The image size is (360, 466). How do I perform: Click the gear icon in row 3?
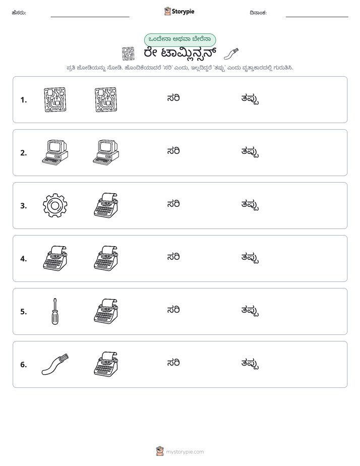click(55, 205)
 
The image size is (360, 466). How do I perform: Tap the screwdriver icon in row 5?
click(55, 312)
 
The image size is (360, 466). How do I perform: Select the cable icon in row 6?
click(55, 364)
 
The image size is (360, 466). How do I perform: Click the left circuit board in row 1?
click(55, 99)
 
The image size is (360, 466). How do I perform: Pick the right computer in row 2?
click(106, 152)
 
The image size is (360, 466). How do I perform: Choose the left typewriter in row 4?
click(55, 258)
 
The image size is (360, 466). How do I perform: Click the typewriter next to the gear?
click(106, 205)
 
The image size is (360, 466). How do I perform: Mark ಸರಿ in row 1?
click(173, 98)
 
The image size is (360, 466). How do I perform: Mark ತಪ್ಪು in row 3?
click(250, 205)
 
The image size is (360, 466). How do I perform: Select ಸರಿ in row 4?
click(173, 257)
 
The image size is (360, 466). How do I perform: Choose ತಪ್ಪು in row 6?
click(250, 364)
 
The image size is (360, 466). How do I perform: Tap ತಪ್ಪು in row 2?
click(250, 152)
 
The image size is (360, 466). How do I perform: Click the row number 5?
click(24, 312)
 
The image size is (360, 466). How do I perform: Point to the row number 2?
click(24, 153)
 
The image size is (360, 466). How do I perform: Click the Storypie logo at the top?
click(179, 11)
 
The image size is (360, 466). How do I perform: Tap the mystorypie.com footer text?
click(185, 452)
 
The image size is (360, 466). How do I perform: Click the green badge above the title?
click(180, 40)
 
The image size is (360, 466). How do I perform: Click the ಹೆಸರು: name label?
click(19, 13)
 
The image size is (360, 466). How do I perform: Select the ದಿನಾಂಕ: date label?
click(258, 13)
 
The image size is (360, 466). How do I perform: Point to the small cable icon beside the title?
click(231, 54)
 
